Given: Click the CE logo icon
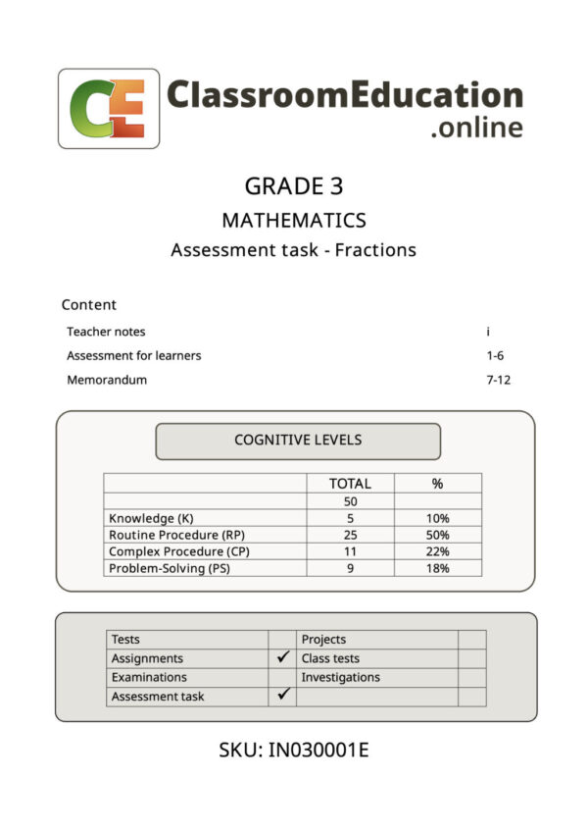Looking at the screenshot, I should tap(109, 109).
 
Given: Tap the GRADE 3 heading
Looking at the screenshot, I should tap(293, 186).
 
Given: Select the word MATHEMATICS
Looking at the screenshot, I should tap(293, 220).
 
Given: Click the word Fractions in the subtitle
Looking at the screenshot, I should tap(375, 249).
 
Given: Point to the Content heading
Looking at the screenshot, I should tap(89, 304).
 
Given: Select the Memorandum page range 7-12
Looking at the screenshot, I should tap(499, 380).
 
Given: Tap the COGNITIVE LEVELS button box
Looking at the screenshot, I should tap(298, 440).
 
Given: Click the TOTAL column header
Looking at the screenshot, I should tap(350, 483).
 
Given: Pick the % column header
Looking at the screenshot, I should tap(437, 483).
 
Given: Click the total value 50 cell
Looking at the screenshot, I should tap(350, 501).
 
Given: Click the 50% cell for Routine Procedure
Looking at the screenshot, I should tap(437, 535).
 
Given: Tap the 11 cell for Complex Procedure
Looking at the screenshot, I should tap(350, 551).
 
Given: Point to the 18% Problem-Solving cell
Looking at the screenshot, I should tap(437, 568).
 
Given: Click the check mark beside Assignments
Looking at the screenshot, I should tap(283, 657).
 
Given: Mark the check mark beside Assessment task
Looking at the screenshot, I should tap(283, 695).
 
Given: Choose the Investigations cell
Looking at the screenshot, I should tap(341, 677).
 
